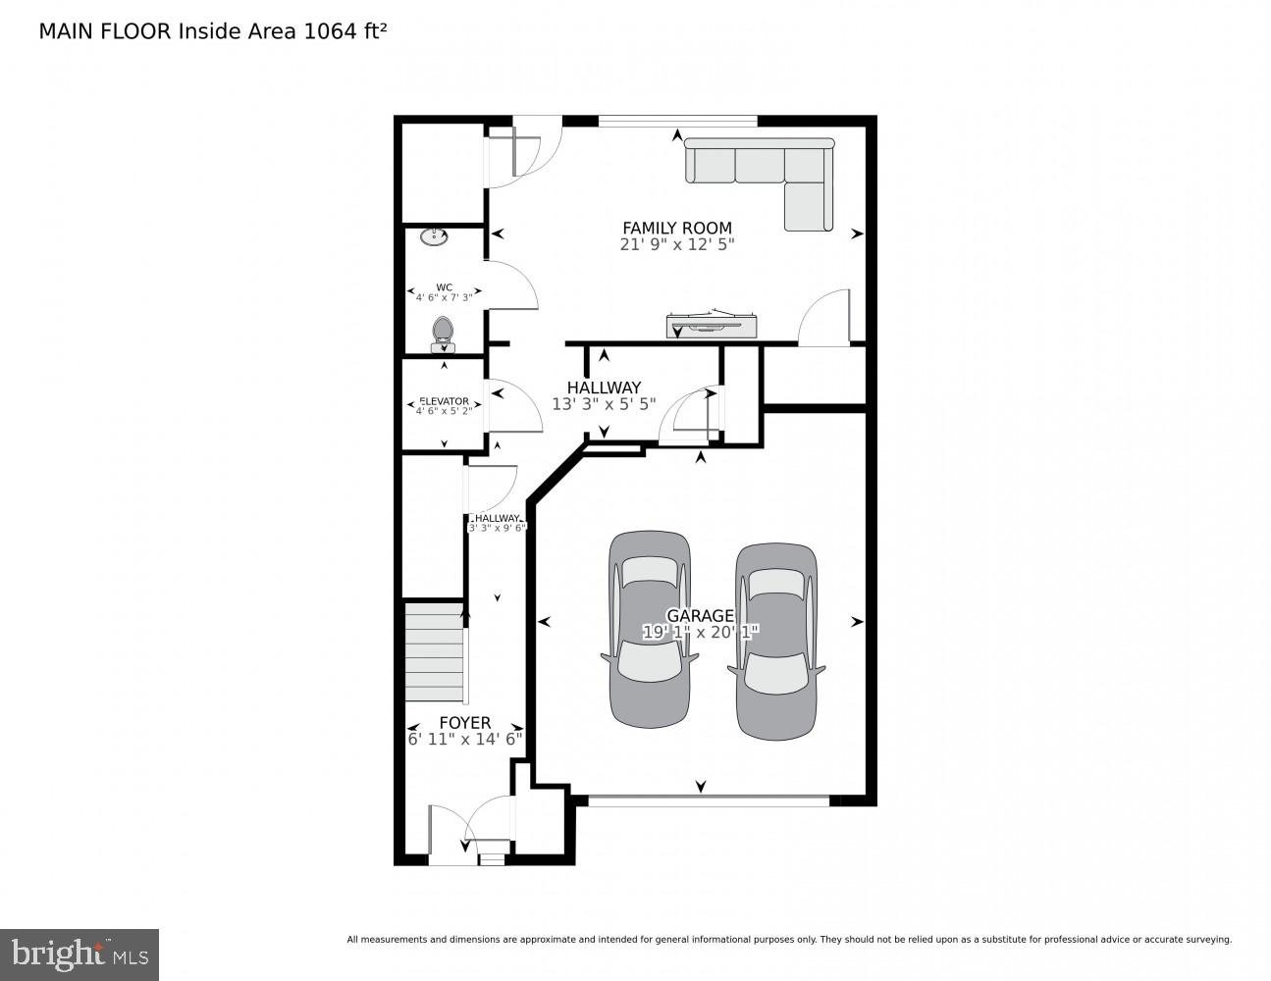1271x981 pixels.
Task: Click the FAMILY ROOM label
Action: pos(677,228)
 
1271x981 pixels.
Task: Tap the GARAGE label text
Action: pos(700,616)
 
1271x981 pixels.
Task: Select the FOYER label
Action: pos(464,723)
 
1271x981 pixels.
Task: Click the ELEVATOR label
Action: pos(444,401)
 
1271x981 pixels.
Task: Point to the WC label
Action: pos(444,287)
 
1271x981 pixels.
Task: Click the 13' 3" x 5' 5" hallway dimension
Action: pos(603,403)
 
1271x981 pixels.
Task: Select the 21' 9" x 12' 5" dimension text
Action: pos(677,244)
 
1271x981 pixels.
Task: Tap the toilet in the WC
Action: pos(443,335)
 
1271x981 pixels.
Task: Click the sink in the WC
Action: pos(433,236)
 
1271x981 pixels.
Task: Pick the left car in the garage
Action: pos(648,629)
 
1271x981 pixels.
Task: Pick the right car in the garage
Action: pos(775,639)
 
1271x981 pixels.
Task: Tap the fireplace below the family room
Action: pos(713,325)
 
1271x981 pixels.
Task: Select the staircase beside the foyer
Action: pos(435,652)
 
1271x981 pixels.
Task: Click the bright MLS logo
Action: pos(79,954)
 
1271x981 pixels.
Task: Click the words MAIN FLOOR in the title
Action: pos(105,31)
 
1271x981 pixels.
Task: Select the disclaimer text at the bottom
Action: pos(788,940)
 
